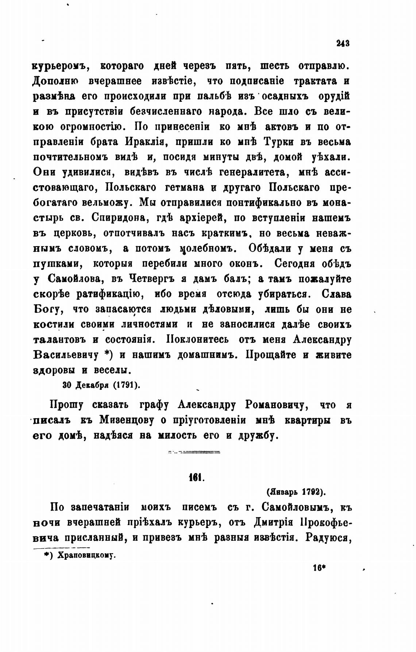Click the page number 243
343,43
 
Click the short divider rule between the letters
194,453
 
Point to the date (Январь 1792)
296,492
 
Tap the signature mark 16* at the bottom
319,568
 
